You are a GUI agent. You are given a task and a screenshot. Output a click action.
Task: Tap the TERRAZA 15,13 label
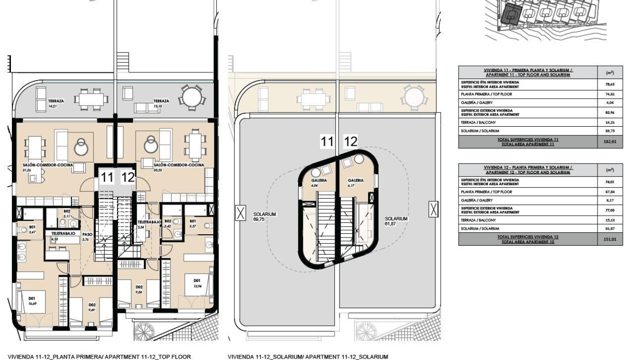tap(161, 103)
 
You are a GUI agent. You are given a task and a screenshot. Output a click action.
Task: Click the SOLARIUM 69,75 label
tap(261, 218)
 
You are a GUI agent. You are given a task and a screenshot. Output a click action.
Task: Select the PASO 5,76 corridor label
tap(87, 237)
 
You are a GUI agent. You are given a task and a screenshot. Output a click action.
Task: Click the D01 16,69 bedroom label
tap(32, 301)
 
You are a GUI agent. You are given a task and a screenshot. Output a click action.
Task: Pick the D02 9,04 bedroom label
tap(140, 290)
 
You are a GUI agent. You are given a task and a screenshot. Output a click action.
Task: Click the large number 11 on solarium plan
tap(327, 141)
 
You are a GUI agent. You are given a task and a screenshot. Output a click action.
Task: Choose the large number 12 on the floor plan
tap(128, 179)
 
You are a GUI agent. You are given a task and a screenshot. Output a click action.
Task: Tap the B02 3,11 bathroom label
tap(67, 213)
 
